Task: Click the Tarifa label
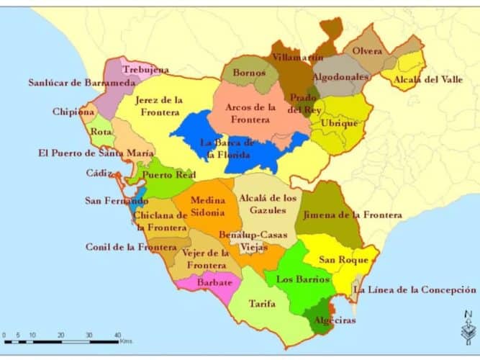click(262, 304)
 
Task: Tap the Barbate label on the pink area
click(215, 282)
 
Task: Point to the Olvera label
click(368, 51)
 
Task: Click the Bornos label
click(249, 72)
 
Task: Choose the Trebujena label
click(146, 69)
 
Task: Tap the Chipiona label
click(73, 112)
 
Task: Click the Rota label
click(101, 132)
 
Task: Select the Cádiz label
click(99, 174)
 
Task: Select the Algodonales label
click(340, 76)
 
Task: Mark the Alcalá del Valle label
click(428, 79)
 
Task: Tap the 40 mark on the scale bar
click(117, 336)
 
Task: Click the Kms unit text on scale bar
click(127, 341)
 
